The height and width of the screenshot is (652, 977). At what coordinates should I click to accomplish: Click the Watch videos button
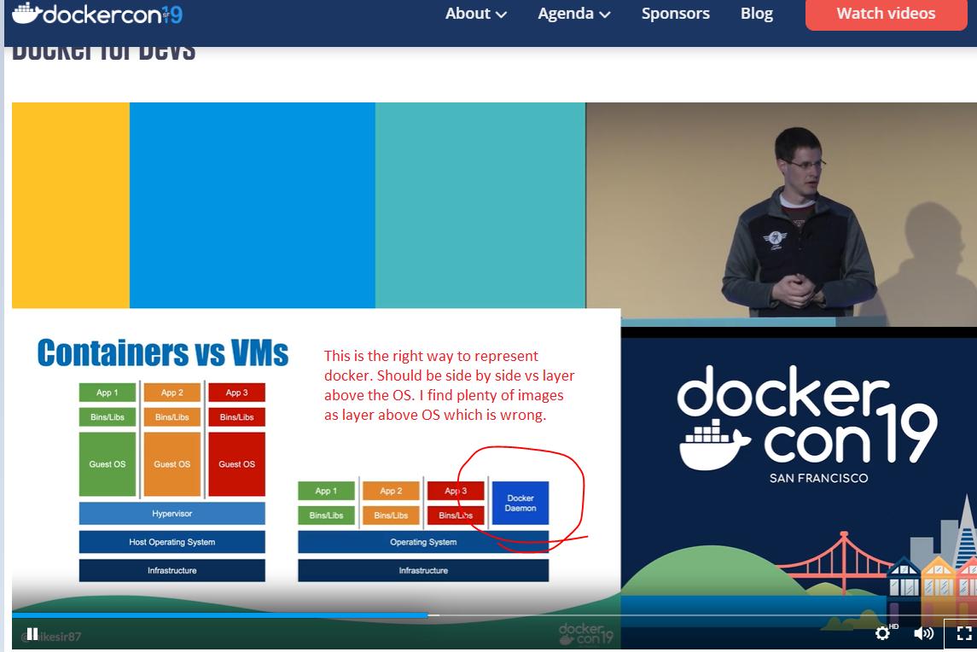[x=886, y=14]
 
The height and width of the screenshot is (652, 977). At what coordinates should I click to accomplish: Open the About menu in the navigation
[x=475, y=14]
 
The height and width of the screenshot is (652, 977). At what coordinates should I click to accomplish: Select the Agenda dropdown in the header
[x=573, y=14]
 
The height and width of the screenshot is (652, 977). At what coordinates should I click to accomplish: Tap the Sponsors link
[x=675, y=14]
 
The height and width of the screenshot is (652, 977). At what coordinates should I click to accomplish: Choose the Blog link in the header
[x=756, y=14]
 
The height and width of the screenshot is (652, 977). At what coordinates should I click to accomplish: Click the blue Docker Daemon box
[x=520, y=503]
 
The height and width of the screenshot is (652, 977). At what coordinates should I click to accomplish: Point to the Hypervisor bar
[x=172, y=514]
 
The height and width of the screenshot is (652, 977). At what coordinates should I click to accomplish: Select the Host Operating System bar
[x=172, y=542]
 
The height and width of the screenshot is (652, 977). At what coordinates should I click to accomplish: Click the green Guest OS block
[x=108, y=464]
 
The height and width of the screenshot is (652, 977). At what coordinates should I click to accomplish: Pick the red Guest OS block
[x=236, y=464]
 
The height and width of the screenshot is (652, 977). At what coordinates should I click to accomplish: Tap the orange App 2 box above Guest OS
[x=172, y=393]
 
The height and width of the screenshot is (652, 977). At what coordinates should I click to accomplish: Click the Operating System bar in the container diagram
[x=422, y=542]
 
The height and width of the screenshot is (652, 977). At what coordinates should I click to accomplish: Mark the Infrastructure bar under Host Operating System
[x=172, y=570]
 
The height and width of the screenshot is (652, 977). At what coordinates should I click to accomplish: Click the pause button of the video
[x=32, y=633]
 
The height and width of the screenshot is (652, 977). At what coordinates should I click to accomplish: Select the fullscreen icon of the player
[x=963, y=633]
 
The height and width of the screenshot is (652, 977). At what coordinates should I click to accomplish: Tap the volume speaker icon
[x=923, y=633]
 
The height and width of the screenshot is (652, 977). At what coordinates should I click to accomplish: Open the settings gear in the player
[x=883, y=633]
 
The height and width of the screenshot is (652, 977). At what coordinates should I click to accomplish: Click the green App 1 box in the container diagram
[x=326, y=491]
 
